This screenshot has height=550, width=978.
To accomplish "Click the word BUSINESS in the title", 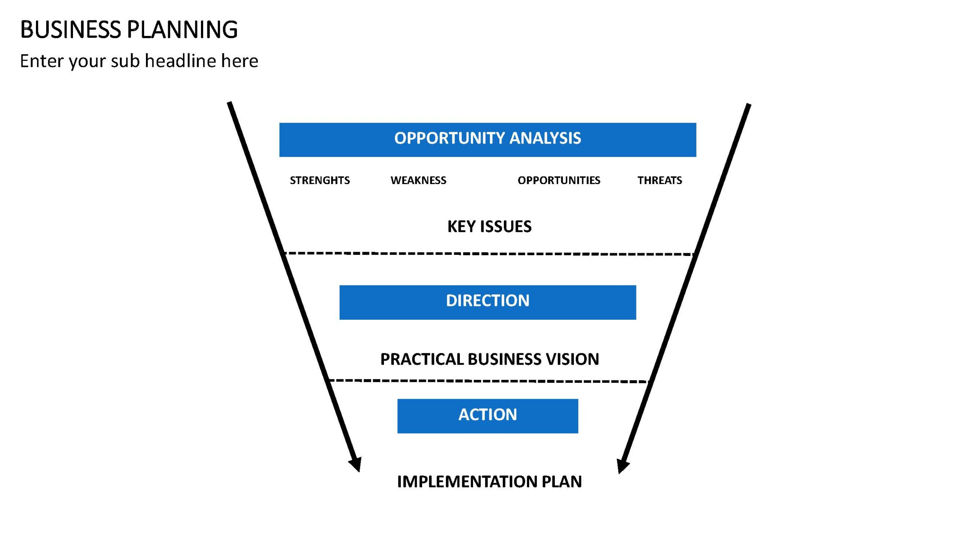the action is point(71,29).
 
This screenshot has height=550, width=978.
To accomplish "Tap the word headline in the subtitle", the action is point(181,61).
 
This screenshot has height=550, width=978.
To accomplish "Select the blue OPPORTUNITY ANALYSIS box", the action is point(487,140).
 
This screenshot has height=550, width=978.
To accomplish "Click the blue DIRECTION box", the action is point(487,302).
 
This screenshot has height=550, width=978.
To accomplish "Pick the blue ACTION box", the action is point(487,416).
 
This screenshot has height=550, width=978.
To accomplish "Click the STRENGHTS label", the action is point(320,180).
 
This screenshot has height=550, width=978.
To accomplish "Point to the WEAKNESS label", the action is point(418,180).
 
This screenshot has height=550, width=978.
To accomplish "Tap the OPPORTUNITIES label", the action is point(559,180).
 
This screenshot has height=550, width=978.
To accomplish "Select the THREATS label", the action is point(660,180).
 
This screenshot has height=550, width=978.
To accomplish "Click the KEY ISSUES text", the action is point(489,226).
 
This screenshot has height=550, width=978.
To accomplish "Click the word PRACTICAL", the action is point(422,359).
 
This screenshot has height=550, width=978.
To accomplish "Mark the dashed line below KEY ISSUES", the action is point(489,254).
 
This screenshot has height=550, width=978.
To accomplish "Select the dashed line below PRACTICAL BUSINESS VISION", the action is point(489,381).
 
